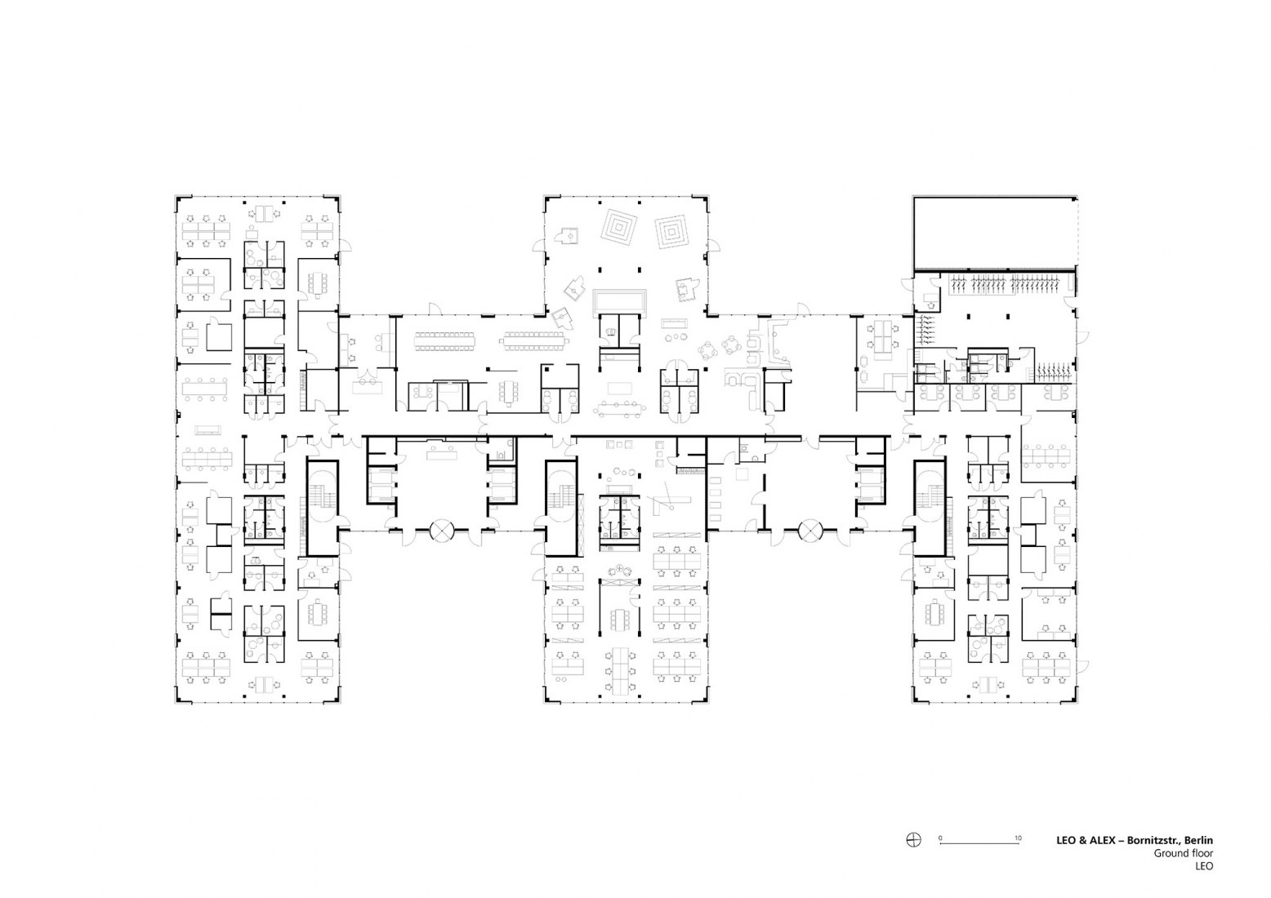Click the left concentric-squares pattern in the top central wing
pyautogui.click(x=619, y=228)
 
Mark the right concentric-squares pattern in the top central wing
pyautogui.click(x=672, y=232)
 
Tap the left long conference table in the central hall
pyautogui.click(x=445, y=341)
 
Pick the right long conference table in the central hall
pyautogui.click(x=533, y=341)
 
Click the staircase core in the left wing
pyautogui.click(x=323, y=508)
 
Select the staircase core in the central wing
pyautogui.click(x=561, y=508)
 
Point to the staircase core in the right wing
pyautogui.click(x=930, y=508)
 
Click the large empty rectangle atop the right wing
pyautogui.click(x=995, y=233)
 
